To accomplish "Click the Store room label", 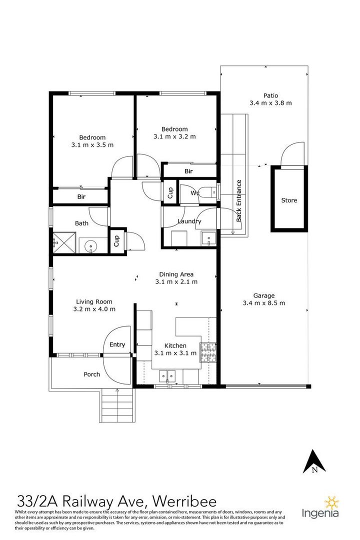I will coord(289,200).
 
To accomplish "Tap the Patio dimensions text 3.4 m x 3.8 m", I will coord(270,103).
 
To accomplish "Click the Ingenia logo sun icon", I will coord(331,502).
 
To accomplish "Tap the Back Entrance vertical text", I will coord(239,200).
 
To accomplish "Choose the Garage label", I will coord(263,295).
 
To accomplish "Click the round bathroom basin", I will coord(90,245).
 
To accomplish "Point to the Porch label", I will coord(91,374).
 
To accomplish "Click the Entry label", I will coord(117,344).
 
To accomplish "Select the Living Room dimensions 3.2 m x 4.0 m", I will coord(94,309).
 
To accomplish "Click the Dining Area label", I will coord(176,274).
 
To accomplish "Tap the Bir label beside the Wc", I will coord(188,171).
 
